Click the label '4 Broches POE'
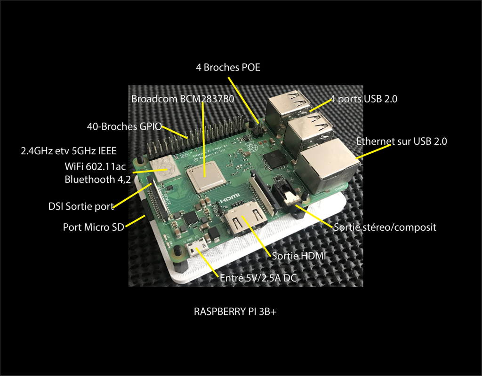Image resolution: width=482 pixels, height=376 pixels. coord(228,68)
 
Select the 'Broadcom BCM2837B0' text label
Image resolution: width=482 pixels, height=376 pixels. coord(183,99)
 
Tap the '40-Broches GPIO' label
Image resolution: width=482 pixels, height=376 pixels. coord(124,126)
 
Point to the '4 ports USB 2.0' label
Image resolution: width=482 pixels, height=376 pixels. coord(364,99)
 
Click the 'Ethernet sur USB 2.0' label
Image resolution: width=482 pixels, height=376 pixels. coord(402,141)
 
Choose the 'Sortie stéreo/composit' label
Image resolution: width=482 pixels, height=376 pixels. coord(385,227)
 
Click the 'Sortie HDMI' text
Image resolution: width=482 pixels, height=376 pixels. coord(299,256)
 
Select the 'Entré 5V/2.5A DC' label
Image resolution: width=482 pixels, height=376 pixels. coord(258,278)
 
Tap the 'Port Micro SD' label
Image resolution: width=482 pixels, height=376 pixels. coord(94,227)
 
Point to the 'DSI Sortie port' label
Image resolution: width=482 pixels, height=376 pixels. coord(81,206)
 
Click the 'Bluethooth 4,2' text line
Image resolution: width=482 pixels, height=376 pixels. coord(98,179)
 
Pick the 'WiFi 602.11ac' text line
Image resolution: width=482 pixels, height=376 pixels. coord(95,166)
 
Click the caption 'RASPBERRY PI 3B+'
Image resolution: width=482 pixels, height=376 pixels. coord(235,312)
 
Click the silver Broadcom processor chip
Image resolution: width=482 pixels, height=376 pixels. coord(203,177)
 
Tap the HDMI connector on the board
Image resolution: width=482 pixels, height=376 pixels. coord(245,222)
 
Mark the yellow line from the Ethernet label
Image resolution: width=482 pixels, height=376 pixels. coord(373,151)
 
